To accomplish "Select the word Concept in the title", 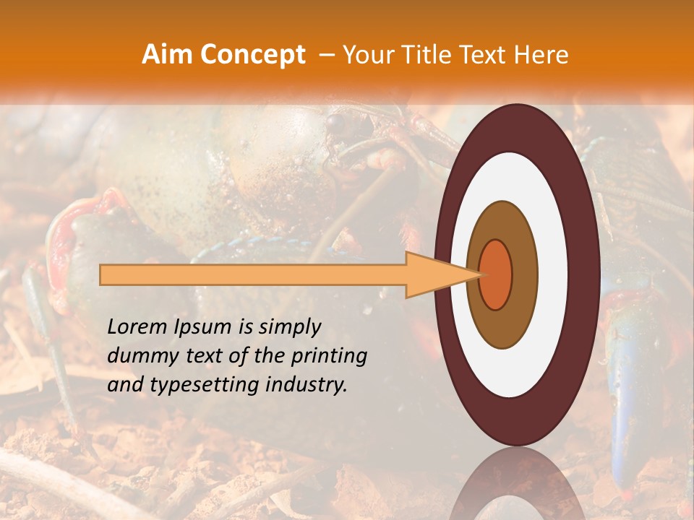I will [x=252, y=55].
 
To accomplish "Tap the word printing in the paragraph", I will [x=330, y=356].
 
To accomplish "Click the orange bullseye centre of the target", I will [x=496, y=274].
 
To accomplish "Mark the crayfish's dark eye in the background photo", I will [x=334, y=123].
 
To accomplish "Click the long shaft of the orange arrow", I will [x=253, y=274].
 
